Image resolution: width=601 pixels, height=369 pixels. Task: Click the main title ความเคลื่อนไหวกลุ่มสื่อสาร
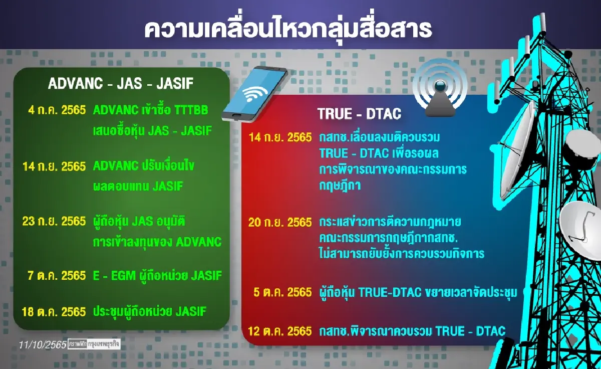point(288,29)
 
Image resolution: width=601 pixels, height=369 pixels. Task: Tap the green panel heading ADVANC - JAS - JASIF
point(120,84)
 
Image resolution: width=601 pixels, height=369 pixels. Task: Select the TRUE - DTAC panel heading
point(359,114)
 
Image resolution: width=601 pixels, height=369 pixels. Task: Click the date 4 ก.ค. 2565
point(57,110)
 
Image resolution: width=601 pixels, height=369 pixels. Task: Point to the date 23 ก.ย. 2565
point(54,221)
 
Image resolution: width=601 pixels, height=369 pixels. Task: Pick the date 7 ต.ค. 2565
point(57,275)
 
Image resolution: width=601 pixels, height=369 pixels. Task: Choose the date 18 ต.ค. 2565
point(54,311)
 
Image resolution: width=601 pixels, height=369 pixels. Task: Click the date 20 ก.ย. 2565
point(280,222)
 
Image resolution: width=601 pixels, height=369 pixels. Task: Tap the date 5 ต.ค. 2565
point(283,292)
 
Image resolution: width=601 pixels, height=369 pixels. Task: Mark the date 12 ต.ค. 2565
point(280,331)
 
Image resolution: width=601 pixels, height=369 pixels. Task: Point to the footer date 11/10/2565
point(42,345)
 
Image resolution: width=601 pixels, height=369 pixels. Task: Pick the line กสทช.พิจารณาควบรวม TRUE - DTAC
point(412,331)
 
